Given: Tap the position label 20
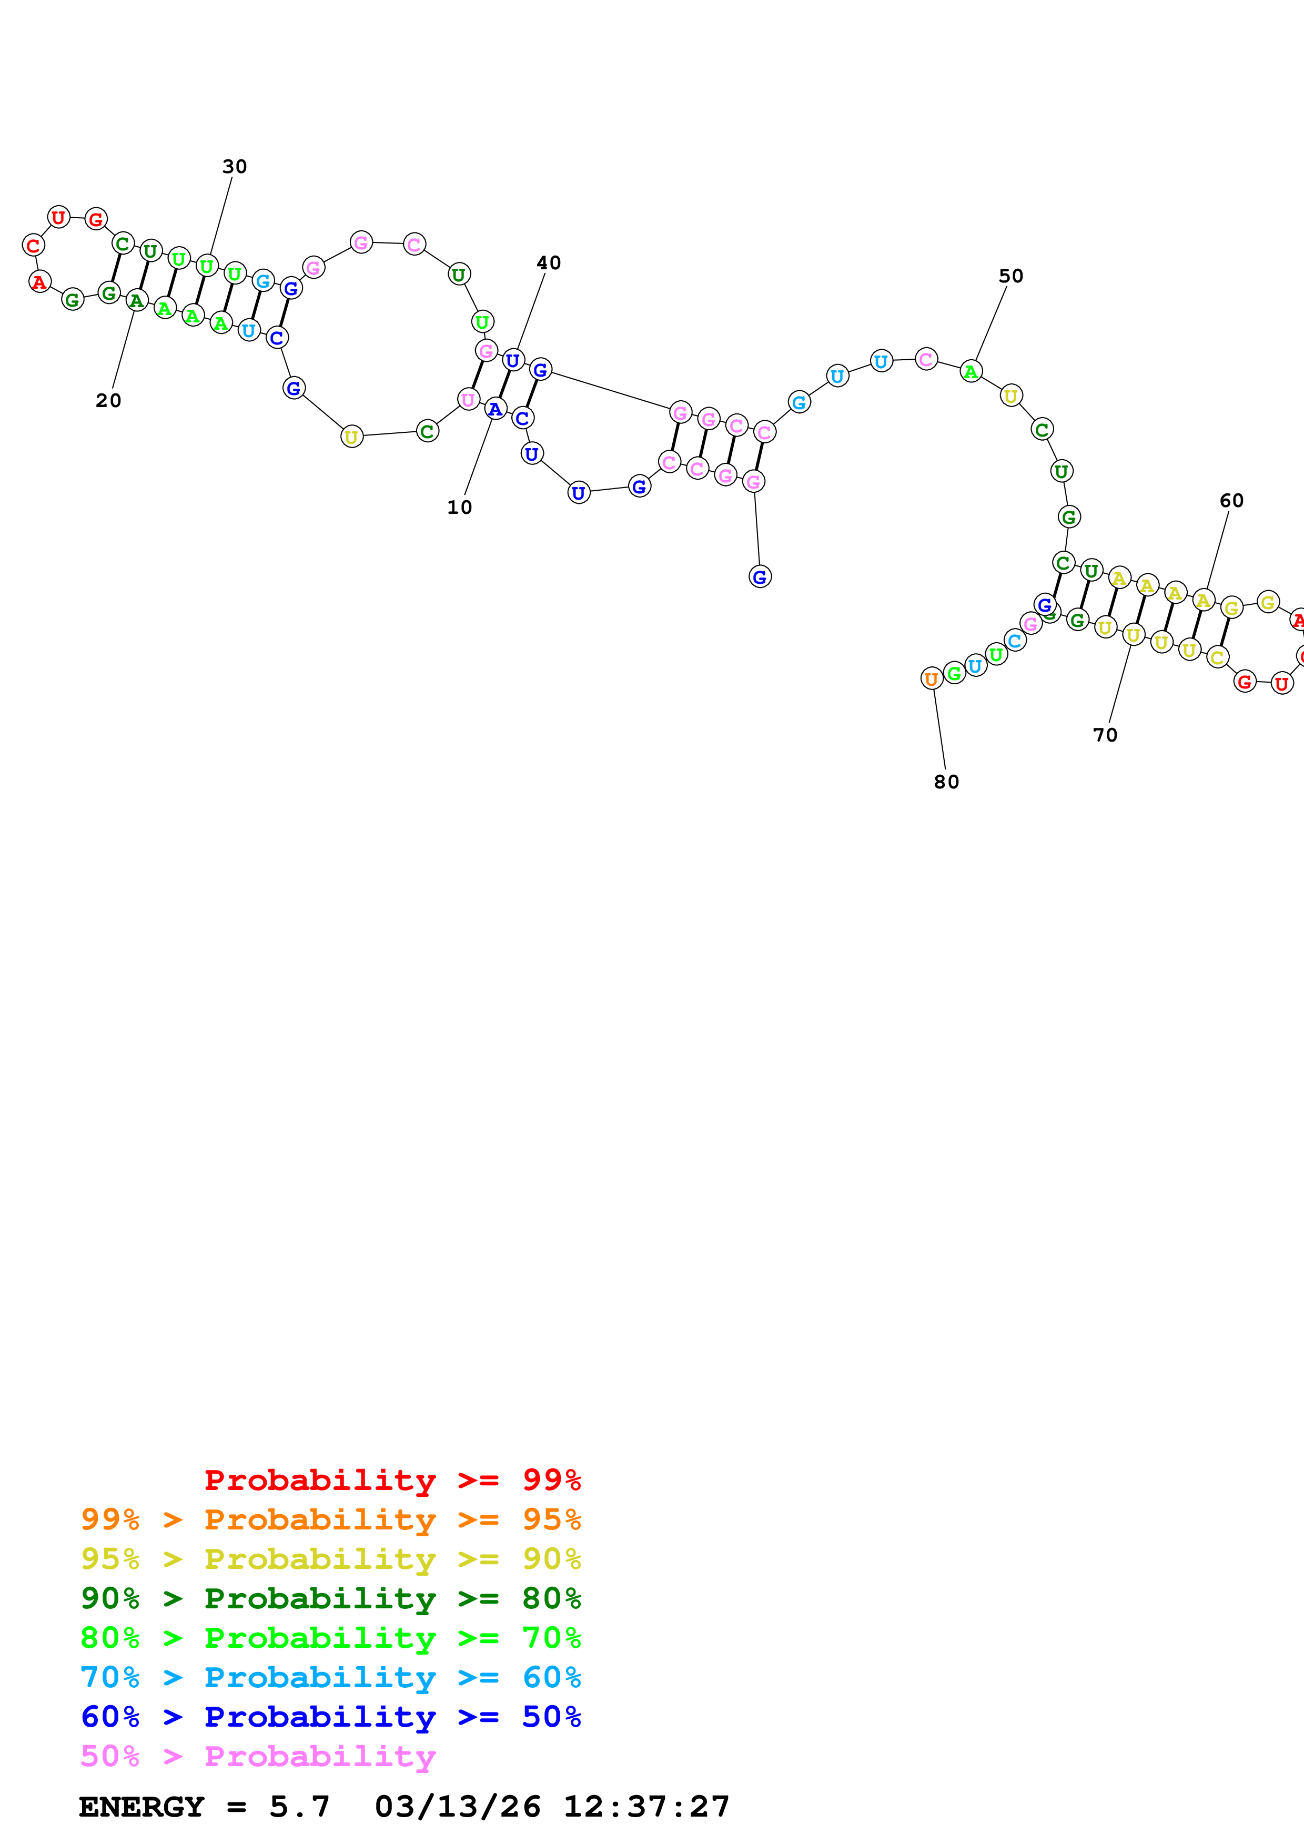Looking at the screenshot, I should tap(108, 400).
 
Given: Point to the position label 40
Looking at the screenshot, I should tap(549, 263).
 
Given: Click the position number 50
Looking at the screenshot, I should tap(1010, 276).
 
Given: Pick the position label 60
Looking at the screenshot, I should tap(1232, 501).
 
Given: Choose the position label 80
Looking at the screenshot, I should tap(946, 782).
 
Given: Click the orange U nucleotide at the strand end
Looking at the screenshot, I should tap(931, 679).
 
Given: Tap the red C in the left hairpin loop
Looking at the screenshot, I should tap(33, 245).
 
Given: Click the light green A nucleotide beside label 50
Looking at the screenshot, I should tap(971, 372).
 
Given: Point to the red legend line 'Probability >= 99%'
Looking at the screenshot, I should tap(392, 1479).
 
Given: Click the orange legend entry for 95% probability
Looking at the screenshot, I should tap(330, 1519).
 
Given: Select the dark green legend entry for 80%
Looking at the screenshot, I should tap(330, 1597).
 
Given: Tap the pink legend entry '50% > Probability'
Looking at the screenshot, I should tap(258, 1756).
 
